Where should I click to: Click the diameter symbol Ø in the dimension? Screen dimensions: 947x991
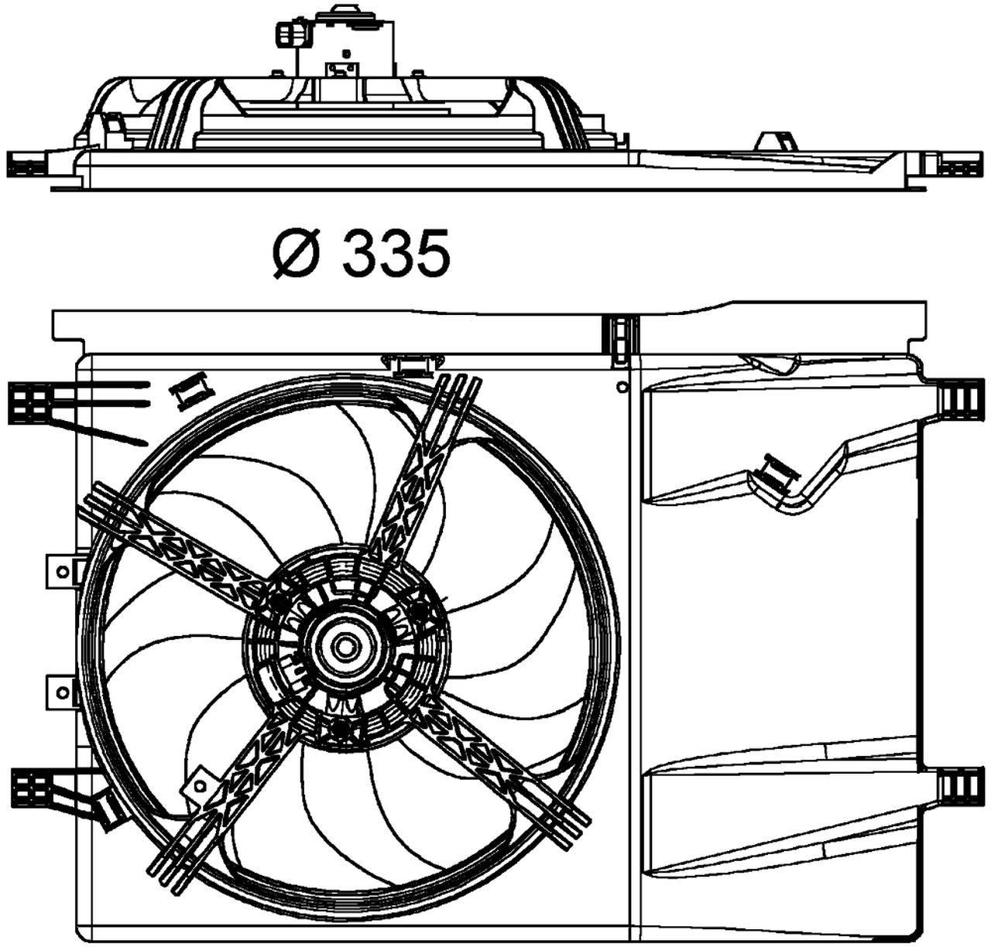pyautogui.click(x=296, y=254)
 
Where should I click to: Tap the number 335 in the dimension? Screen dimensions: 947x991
pyautogui.click(x=395, y=254)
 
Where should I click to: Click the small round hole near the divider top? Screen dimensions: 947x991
pyautogui.click(x=621, y=385)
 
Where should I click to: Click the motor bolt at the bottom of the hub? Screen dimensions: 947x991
pyautogui.click(x=340, y=728)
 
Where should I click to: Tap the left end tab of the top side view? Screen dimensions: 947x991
pyautogui.click(x=28, y=164)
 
